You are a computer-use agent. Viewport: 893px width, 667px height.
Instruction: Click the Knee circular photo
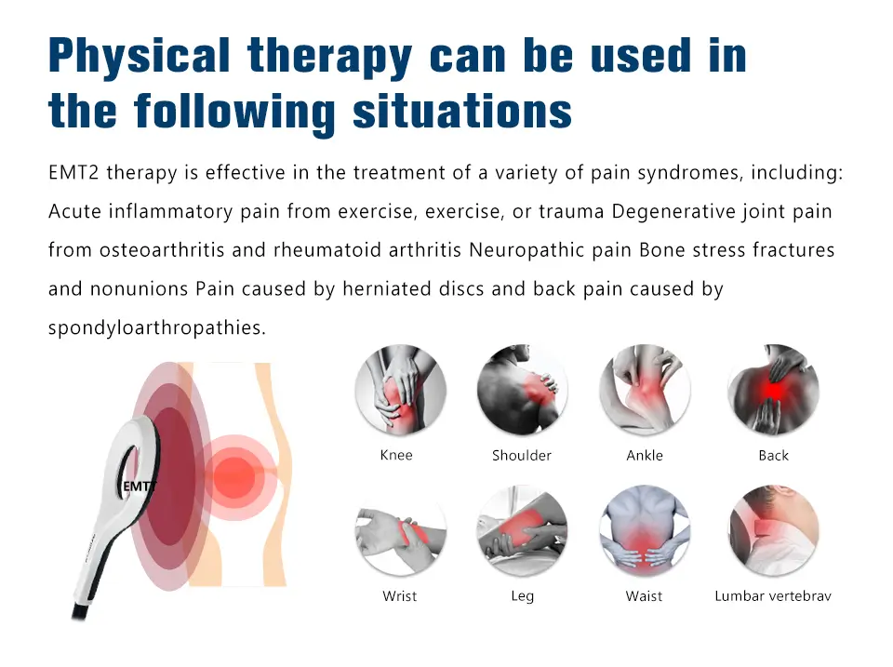click(401, 391)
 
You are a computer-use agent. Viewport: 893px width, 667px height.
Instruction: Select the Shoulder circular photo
click(522, 391)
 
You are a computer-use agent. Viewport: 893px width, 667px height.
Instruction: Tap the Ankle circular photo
click(644, 391)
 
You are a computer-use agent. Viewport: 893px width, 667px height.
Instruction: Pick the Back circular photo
click(773, 391)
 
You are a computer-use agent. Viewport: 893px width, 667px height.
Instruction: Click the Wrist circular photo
click(401, 531)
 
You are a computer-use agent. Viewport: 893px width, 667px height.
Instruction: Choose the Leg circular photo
click(522, 531)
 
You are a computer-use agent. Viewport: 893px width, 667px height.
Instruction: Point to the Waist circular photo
click(644, 531)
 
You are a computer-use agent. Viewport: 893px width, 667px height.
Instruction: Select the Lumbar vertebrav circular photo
click(773, 531)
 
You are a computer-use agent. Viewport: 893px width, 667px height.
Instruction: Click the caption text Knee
click(396, 455)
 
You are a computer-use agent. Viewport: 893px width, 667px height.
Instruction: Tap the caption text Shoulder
click(522, 456)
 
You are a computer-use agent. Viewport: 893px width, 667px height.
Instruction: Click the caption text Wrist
click(400, 595)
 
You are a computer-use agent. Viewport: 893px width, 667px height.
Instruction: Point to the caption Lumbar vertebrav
click(773, 595)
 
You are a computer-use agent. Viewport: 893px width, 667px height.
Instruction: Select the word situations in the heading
click(462, 111)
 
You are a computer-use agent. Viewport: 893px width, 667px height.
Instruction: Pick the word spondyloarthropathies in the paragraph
click(156, 327)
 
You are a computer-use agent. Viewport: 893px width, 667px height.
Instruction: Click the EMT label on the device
click(139, 486)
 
